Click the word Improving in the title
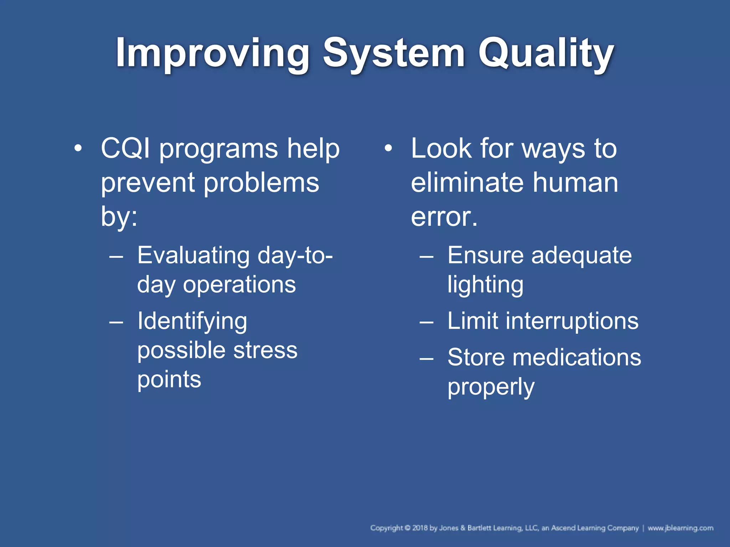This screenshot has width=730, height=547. (212, 53)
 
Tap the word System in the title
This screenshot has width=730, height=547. (394, 53)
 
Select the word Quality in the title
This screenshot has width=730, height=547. (546, 53)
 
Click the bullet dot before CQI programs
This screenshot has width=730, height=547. (78, 148)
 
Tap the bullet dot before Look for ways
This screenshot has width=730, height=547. (388, 148)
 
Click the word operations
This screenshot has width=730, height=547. (239, 285)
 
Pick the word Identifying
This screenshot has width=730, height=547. (192, 321)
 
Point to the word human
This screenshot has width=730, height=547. (575, 183)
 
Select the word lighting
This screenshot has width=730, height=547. (485, 285)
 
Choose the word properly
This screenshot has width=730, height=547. (491, 387)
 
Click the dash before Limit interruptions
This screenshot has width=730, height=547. (426, 322)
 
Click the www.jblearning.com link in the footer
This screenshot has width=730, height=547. (680, 528)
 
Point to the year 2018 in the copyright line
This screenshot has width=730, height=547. (420, 528)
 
